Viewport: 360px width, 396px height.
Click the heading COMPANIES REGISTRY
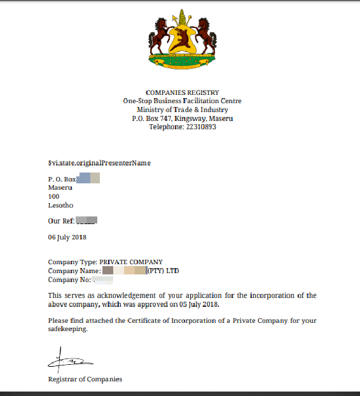(183, 92)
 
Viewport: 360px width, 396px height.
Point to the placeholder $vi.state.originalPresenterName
(99, 163)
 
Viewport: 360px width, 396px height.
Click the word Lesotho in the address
(60, 206)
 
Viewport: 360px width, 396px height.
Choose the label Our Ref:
(61, 221)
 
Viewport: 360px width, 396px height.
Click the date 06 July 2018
(67, 237)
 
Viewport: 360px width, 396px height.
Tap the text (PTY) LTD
(163, 271)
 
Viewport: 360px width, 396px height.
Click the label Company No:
(68, 279)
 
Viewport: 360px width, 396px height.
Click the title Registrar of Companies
(85, 379)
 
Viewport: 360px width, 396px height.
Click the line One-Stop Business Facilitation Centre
(183, 101)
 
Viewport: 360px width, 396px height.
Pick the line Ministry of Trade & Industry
(183, 110)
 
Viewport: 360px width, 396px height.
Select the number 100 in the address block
(53, 197)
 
